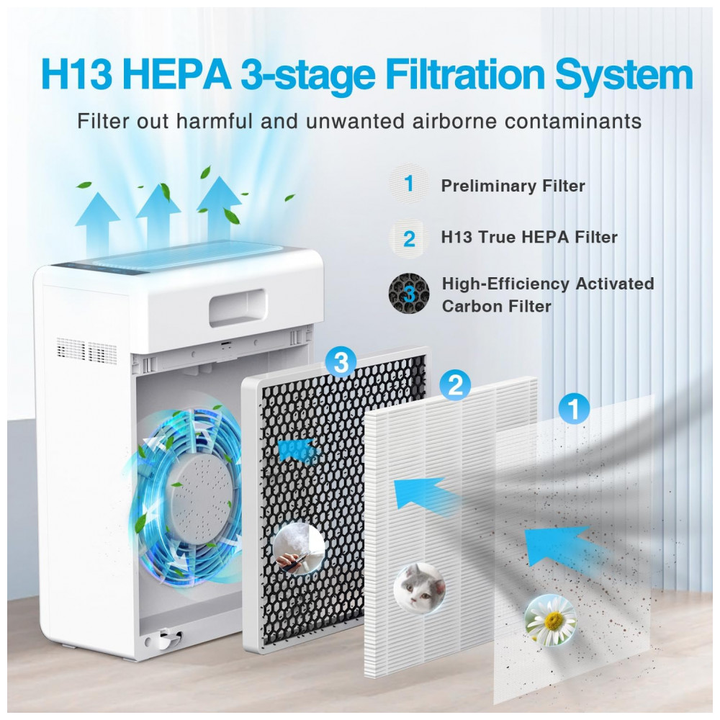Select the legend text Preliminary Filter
tap(513, 186)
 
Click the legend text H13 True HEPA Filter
tap(529, 237)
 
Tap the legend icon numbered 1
tap(408, 184)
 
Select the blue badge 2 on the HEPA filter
tap(455, 387)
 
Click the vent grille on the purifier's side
tap(87, 351)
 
